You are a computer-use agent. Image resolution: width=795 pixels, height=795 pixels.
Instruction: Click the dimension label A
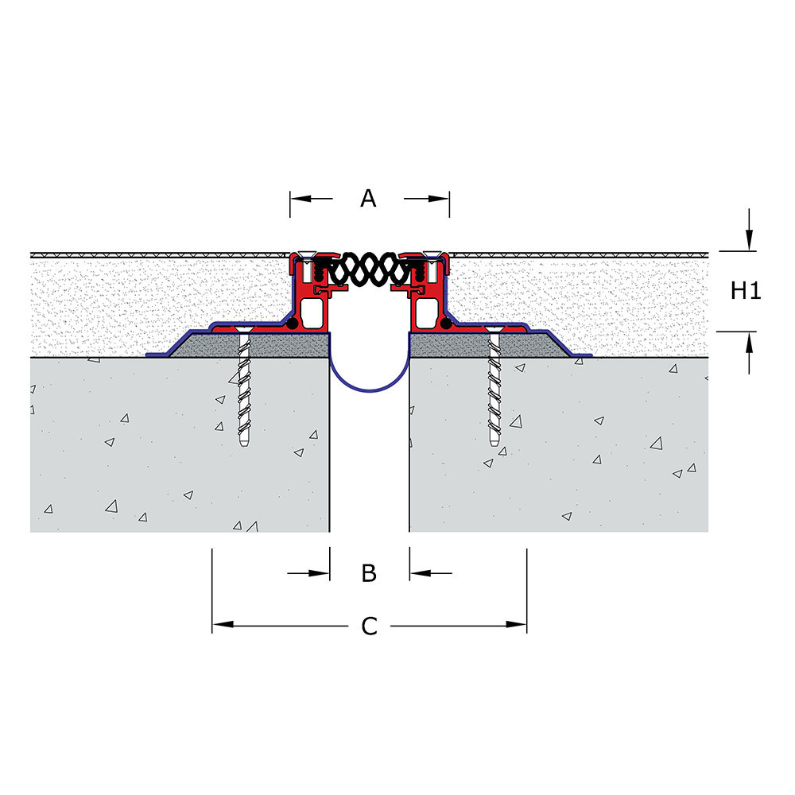[x=369, y=198]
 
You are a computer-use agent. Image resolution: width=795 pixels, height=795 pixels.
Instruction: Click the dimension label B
[x=369, y=573]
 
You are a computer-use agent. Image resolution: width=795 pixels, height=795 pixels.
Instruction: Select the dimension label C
[x=369, y=626]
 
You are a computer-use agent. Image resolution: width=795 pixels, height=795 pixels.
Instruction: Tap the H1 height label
[x=746, y=291]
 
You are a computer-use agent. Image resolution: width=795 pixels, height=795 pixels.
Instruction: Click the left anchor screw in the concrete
[x=244, y=388]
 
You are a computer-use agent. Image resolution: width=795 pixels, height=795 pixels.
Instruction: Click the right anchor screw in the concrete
[x=494, y=388]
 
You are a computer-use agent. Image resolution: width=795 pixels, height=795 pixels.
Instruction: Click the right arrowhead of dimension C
[x=516, y=624]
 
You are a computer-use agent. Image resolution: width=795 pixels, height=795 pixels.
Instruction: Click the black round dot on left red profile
[x=292, y=324]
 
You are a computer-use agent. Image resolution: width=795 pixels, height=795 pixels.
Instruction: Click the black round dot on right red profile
[x=446, y=324]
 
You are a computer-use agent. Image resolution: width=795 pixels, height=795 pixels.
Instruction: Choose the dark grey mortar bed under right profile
[x=489, y=345]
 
